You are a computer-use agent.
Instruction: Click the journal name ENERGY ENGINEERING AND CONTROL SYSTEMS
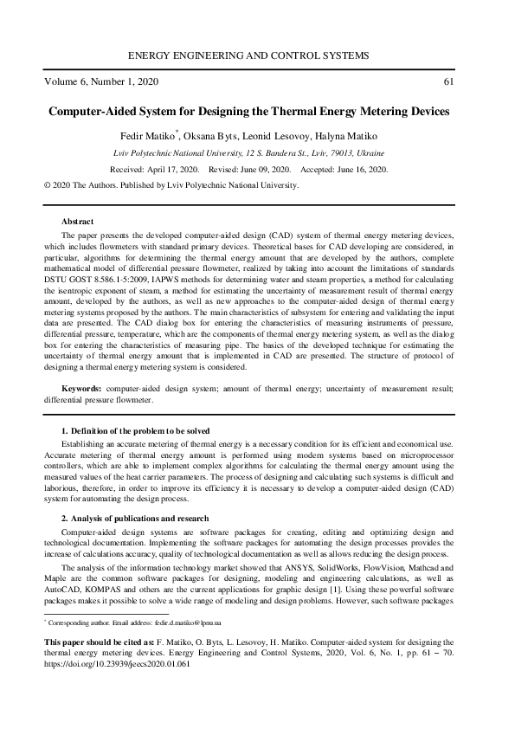click(257, 55)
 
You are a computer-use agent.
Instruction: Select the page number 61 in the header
click(447, 82)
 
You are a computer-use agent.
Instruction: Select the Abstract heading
click(77, 223)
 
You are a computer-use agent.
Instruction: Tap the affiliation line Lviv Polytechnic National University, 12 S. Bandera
click(257, 152)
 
